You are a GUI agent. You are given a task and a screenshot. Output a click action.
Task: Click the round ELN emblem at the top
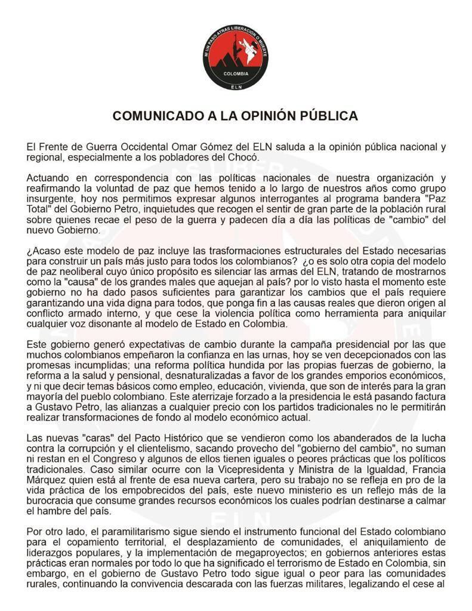pyautogui.click(x=235, y=58)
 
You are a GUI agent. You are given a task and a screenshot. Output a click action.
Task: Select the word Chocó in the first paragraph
pyautogui.click(x=243, y=158)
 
